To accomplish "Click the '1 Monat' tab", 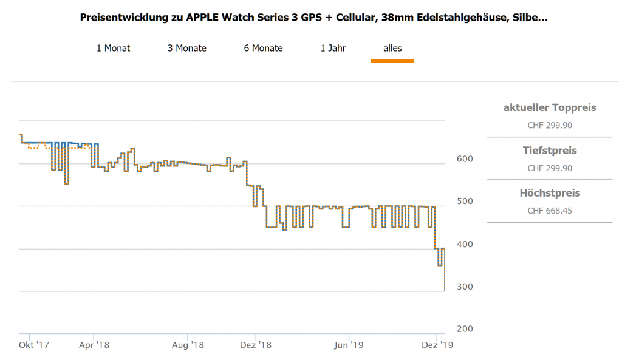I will (113, 48).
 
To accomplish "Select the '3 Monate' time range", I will (187, 48).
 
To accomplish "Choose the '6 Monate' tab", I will (263, 48).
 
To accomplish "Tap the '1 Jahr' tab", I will (333, 48).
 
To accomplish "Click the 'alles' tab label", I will (392, 48).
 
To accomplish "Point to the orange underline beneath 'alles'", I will (392, 61).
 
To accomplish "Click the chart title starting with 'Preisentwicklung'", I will (313, 18).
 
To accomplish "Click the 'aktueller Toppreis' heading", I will (550, 108).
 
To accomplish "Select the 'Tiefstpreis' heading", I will (550, 151).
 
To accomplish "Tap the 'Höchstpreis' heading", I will (550, 194).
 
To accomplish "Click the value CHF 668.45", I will (550, 211).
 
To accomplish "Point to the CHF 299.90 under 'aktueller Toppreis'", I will (550, 126).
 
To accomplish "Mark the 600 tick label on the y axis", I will (465, 159).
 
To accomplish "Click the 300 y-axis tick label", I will (465, 287).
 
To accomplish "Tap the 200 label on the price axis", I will (465, 329).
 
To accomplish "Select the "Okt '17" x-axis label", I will (34, 345).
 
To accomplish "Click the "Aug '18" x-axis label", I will (188, 345).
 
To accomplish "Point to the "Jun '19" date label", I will (349, 345).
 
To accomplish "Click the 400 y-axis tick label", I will (465, 244).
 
